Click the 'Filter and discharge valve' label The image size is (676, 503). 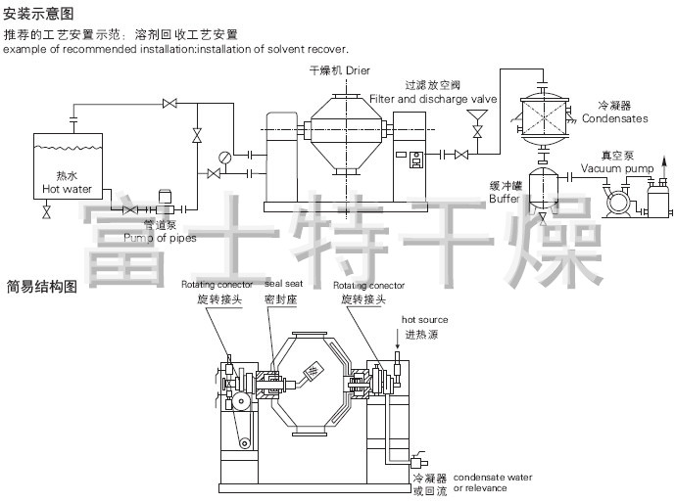point(433,99)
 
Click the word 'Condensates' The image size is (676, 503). point(614,118)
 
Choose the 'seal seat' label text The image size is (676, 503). point(285,284)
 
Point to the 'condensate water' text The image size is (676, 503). point(493,477)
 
